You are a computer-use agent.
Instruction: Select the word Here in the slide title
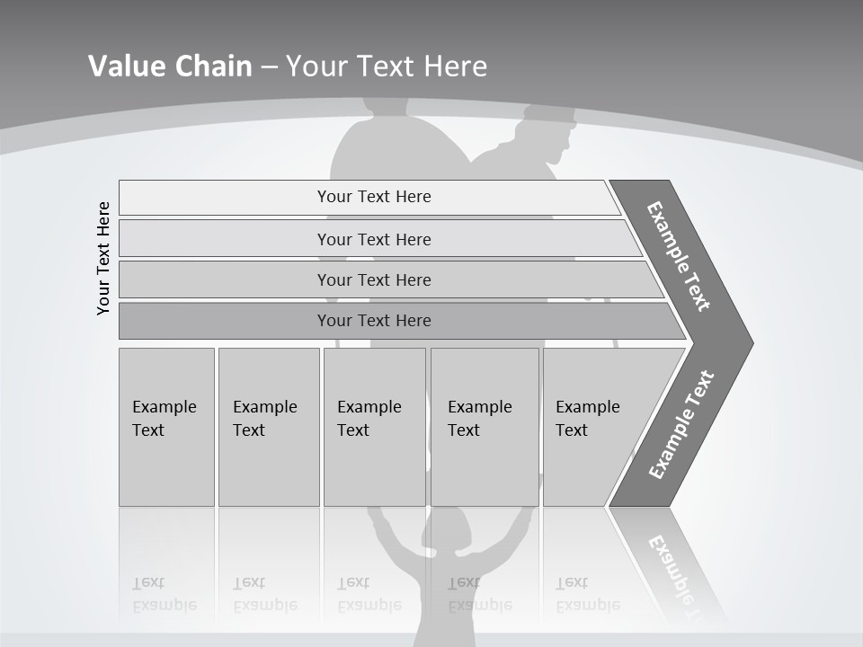coord(455,66)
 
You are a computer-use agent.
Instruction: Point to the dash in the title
coord(269,66)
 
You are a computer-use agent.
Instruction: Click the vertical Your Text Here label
coord(103,258)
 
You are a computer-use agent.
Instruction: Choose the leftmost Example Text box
coord(166,427)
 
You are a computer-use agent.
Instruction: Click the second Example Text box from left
coord(269,427)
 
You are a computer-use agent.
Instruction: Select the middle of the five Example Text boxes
coord(374,427)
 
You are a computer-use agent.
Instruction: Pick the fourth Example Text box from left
coord(485,427)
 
